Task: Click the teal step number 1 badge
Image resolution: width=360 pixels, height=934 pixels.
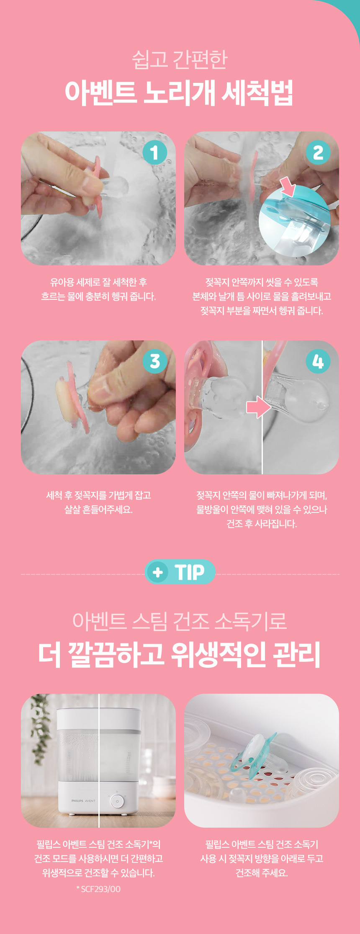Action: coord(154,152)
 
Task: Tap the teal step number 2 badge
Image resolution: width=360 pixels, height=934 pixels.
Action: coord(318,152)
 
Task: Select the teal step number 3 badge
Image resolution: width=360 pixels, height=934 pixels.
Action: coord(155,361)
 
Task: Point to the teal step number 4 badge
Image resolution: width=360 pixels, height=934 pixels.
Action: coord(318,361)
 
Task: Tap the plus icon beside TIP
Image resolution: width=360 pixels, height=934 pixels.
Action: coord(158,572)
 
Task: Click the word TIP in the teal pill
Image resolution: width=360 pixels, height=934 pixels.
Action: coord(190,572)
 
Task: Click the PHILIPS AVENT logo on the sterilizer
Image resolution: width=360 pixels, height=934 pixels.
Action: coord(83,801)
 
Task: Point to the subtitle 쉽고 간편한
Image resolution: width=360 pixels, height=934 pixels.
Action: coord(180,59)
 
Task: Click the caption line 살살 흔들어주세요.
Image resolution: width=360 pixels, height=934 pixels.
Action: coord(98,509)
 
